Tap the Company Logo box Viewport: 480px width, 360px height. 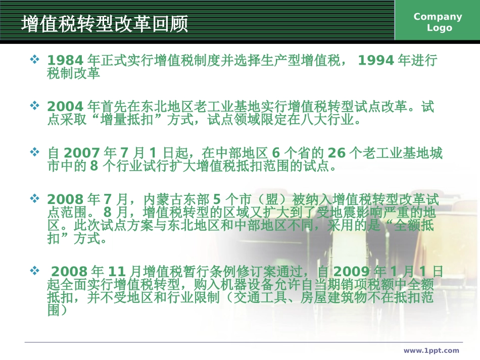438,22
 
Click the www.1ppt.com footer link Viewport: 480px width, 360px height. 431,350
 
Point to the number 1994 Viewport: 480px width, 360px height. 375,61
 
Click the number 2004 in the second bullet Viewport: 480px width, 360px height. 65,107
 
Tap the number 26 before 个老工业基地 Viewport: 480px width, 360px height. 337,153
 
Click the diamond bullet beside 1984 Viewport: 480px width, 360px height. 35,60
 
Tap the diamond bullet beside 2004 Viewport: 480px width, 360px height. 35,106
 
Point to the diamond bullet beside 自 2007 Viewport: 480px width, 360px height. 35,152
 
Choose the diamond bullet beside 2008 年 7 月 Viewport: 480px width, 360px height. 35,198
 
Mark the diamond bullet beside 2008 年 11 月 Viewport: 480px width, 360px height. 35,271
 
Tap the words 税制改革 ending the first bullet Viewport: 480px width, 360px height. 73,74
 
